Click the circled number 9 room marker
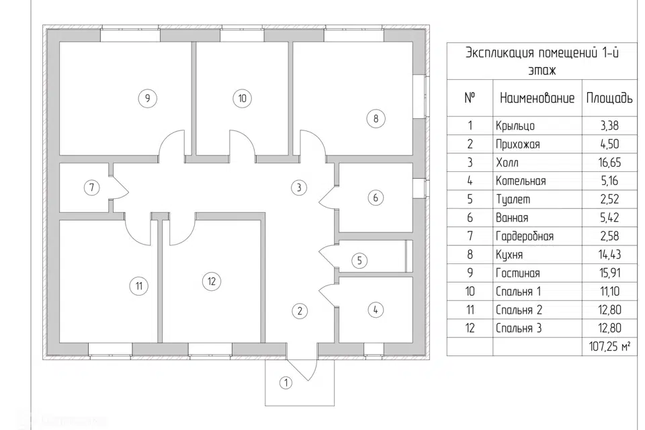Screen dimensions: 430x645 tap(147, 98)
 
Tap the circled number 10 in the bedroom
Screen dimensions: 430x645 tap(243, 98)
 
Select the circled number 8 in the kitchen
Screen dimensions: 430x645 tap(376, 119)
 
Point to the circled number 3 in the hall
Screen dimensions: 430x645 tap(299, 187)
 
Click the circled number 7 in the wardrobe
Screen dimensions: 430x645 tap(91, 187)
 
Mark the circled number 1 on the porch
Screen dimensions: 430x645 tap(286, 383)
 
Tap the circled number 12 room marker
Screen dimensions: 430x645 tap(212, 281)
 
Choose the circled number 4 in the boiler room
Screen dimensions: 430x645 tap(376, 310)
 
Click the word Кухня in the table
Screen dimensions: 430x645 tap(509, 255)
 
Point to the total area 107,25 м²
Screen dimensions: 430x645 tap(607, 347)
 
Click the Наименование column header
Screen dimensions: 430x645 tap(537, 98)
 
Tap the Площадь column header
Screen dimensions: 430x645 tap(609, 98)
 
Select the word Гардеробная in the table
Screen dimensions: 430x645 tap(524, 236)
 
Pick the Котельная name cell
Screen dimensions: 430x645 tap(520, 181)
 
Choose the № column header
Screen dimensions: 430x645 tap(470, 97)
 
